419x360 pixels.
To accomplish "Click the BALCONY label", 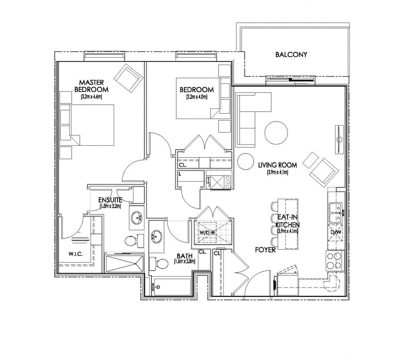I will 291,54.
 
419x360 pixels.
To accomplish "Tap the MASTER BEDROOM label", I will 91,86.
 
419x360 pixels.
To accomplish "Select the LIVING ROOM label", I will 277,165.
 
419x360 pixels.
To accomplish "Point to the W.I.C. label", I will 75,254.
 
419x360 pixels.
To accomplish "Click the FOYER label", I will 264,250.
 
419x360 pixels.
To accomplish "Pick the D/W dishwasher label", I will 335,233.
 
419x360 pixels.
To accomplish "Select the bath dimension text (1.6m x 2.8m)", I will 185,261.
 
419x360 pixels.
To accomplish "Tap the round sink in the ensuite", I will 137,218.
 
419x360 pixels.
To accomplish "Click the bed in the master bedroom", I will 91,125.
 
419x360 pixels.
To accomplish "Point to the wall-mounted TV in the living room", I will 339,139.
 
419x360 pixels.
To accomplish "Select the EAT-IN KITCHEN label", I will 287,221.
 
